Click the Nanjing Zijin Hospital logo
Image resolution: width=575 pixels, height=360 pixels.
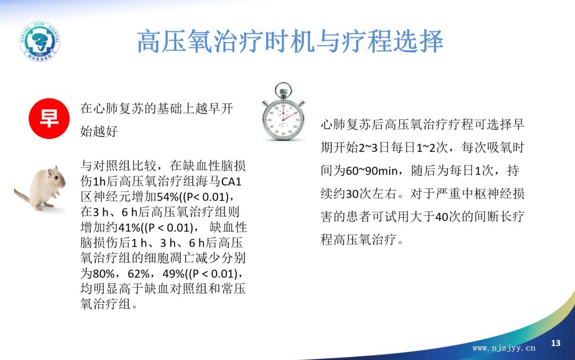pyautogui.click(x=40, y=41)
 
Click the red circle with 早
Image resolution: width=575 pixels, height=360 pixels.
pyautogui.click(x=49, y=119)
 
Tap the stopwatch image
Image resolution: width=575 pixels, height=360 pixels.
pyautogui.click(x=283, y=111)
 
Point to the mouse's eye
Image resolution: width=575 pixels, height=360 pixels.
pyautogui.click(x=56, y=178)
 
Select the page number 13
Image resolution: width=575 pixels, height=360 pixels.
pyautogui.click(x=555, y=343)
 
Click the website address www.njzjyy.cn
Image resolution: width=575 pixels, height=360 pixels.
pyautogui.click(x=504, y=348)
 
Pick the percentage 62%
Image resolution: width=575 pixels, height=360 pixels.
pyautogui.click(x=138, y=274)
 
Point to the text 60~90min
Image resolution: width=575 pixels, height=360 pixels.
pyautogui.click(x=372, y=170)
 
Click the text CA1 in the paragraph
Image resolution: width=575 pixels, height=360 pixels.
pyautogui.click(x=232, y=182)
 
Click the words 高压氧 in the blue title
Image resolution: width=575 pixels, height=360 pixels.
pyautogui.click(x=175, y=42)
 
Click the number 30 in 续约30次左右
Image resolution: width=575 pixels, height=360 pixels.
pyautogui.click(x=352, y=194)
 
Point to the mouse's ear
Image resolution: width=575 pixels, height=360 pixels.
pyautogui.click(x=49, y=171)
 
